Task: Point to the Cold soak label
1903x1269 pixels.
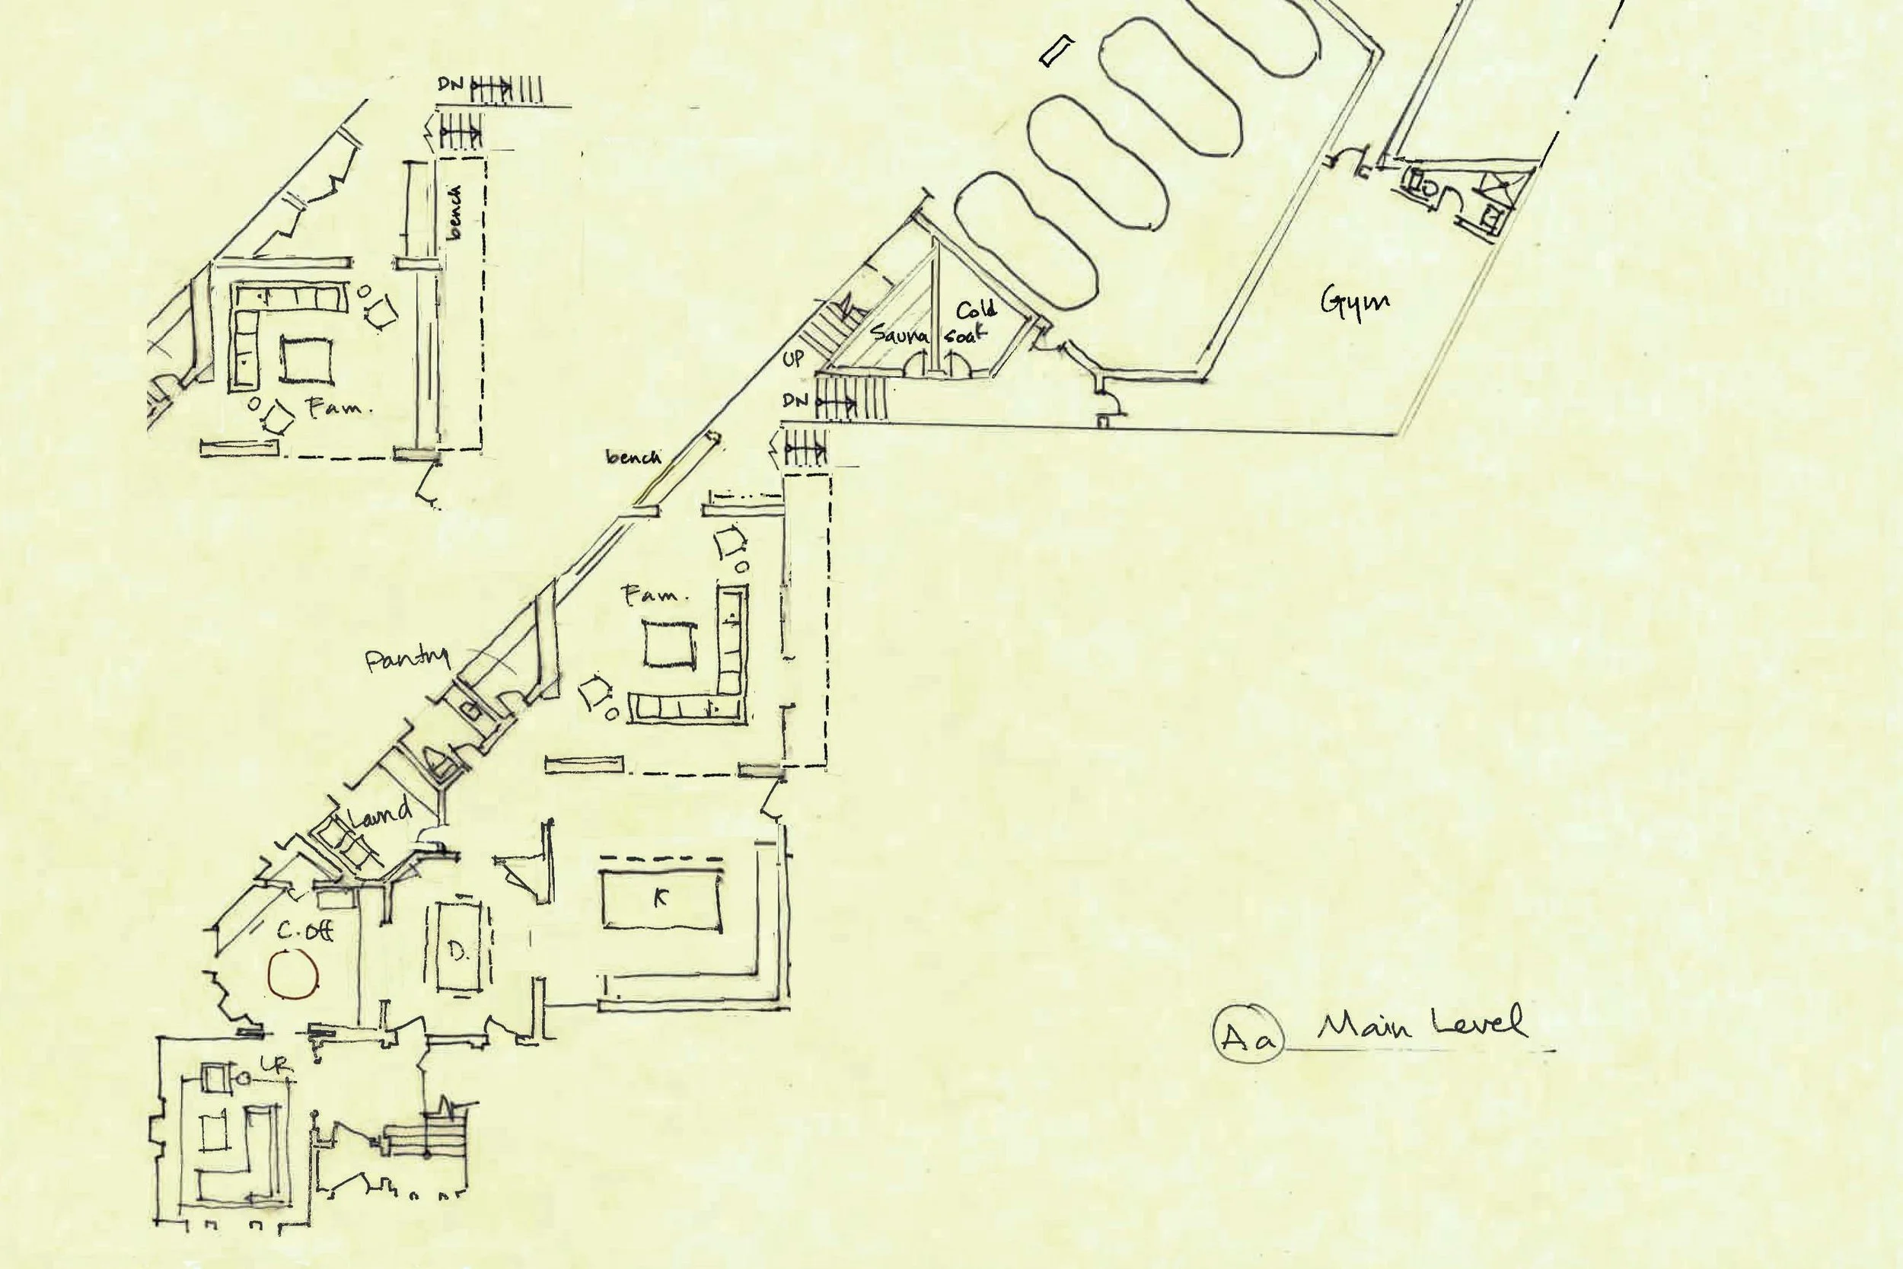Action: [x=973, y=321]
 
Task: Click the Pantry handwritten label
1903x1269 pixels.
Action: [x=407, y=659]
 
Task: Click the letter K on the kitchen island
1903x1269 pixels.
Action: [x=660, y=897]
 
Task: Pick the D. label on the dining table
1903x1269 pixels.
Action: [x=459, y=953]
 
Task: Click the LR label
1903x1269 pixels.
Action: [x=274, y=1067]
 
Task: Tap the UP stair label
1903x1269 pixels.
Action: [x=793, y=359]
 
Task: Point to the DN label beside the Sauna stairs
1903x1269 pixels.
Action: [x=795, y=400]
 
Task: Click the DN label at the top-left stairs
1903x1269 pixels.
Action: [x=451, y=84]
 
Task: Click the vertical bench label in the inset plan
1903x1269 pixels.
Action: [x=455, y=212]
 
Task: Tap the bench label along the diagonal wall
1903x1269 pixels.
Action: [x=633, y=458]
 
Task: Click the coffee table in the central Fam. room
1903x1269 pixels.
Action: [x=669, y=643]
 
